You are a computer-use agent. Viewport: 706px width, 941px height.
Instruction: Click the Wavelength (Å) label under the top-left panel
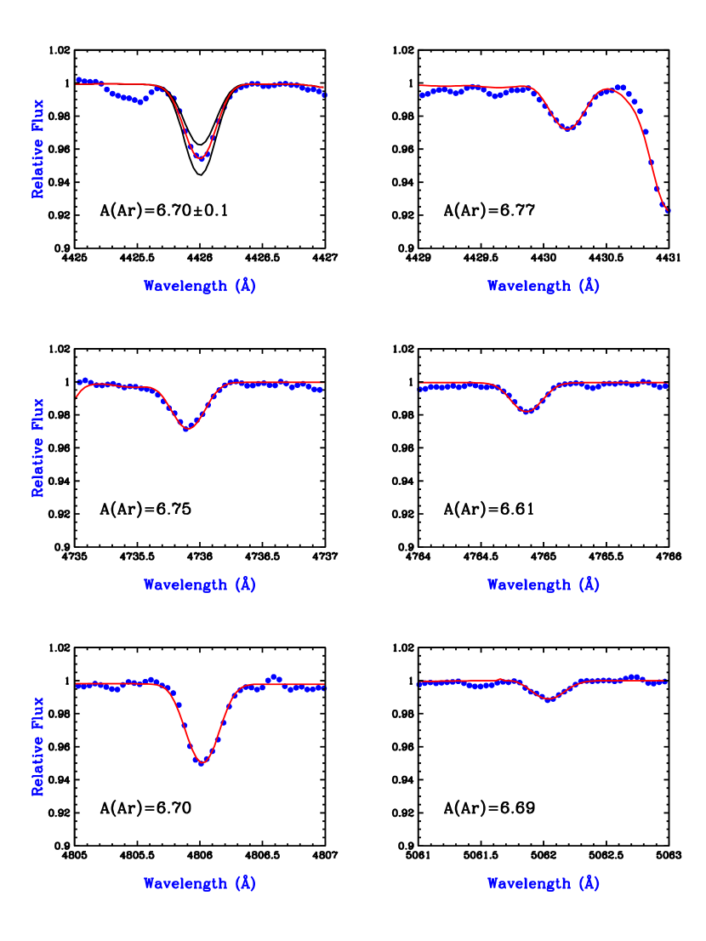[x=200, y=286]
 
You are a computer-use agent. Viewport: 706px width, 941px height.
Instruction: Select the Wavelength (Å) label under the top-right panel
[x=544, y=286]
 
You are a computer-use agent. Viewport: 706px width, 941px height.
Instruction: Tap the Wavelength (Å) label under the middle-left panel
[x=200, y=585]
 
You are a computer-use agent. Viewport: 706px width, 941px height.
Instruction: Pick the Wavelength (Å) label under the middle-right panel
[x=544, y=585]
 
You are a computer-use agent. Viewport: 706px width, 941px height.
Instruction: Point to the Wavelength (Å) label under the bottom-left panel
[x=200, y=883]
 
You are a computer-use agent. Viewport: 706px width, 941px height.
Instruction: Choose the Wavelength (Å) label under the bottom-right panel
[x=544, y=883]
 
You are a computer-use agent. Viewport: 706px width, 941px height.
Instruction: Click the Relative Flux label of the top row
[x=38, y=150]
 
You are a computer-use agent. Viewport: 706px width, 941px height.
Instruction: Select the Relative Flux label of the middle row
[x=38, y=448]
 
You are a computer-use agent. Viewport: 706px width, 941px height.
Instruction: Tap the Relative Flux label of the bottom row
[x=38, y=746]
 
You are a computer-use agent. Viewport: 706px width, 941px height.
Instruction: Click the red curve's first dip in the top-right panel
[x=568, y=129]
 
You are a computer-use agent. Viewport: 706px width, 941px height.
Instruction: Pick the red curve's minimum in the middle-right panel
[x=527, y=412]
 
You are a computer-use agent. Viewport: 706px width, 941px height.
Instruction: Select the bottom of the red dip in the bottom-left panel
[x=202, y=762]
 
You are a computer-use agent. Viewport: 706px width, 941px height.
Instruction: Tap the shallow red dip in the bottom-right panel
[x=549, y=700]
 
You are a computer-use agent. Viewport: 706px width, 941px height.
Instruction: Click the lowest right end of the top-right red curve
[x=667, y=209]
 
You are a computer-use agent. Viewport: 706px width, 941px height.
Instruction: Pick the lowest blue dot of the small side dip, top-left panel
[x=139, y=102]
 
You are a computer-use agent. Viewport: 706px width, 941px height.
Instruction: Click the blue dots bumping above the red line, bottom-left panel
[x=273, y=677]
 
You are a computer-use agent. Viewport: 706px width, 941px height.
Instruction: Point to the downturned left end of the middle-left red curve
[x=77, y=396]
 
